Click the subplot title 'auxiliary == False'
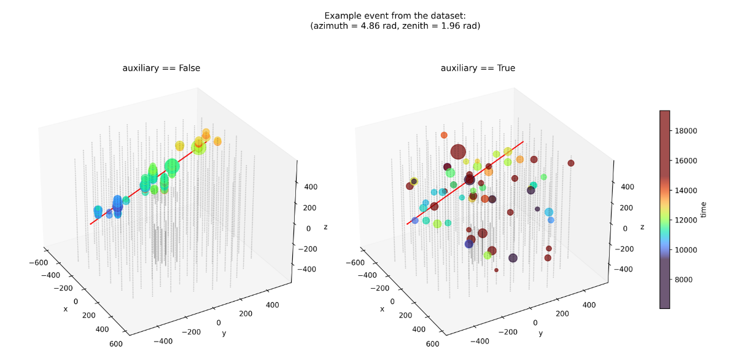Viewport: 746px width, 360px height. [161, 68]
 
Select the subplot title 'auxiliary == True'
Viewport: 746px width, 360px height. [478, 68]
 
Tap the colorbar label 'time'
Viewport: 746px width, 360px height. [704, 209]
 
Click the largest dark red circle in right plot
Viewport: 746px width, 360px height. [457, 152]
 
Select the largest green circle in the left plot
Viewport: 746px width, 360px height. [172, 166]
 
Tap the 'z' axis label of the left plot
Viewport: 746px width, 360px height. [325, 227]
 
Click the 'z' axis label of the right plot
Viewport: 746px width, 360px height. [642, 227]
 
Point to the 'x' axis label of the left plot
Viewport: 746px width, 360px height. [65, 308]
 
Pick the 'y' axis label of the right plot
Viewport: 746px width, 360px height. [540, 334]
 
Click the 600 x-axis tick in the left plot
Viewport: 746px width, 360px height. [115, 344]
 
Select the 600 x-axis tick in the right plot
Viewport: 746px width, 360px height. [432, 344]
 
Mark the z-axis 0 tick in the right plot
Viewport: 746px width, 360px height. [624, 228]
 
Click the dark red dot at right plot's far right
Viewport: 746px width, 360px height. [571, 163]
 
